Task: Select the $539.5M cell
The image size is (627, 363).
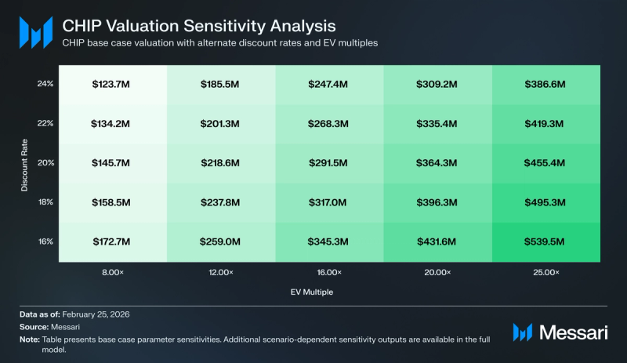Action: [x=546, y=242]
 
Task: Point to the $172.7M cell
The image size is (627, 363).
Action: [x=113, y=242]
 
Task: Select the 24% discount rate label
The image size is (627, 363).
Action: [x=45, y=82]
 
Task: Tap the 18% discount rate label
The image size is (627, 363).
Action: [x=45, y=202]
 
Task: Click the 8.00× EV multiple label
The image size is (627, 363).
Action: [x=113, y=272]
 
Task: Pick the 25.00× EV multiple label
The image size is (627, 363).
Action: [x=546, y=272]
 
